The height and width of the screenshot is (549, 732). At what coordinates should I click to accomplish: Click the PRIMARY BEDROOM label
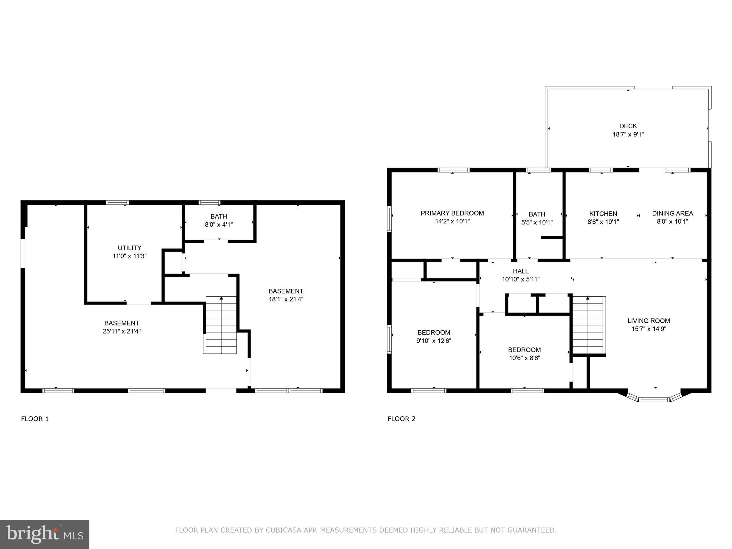pos(452,213)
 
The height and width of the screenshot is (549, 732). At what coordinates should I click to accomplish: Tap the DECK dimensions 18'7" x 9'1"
pos(628,135)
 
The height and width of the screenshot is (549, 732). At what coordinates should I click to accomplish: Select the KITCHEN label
pos(603,214)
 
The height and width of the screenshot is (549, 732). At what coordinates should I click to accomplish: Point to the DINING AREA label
pos(672,213)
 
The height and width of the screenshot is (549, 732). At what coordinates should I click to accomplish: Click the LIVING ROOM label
pos(648,321)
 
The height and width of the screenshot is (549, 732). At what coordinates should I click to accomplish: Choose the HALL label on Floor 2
pos(520,271)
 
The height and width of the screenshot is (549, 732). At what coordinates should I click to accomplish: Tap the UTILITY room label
pos(129,248)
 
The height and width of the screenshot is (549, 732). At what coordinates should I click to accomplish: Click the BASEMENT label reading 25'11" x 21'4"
pos(122,323)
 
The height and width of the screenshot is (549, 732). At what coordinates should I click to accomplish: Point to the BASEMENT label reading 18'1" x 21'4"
pos(286,291)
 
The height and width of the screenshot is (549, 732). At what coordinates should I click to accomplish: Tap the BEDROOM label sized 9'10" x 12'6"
pos(434,333)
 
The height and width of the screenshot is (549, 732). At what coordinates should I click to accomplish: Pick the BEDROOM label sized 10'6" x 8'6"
pos(524,350)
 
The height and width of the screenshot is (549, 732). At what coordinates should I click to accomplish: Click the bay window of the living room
pos(654,399)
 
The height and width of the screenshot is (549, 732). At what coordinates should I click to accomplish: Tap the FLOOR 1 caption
pos(35,419)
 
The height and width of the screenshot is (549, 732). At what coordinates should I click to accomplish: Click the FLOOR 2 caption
pos(401,419)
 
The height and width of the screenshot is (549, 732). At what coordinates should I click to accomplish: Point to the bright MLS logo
pos(44,534)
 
